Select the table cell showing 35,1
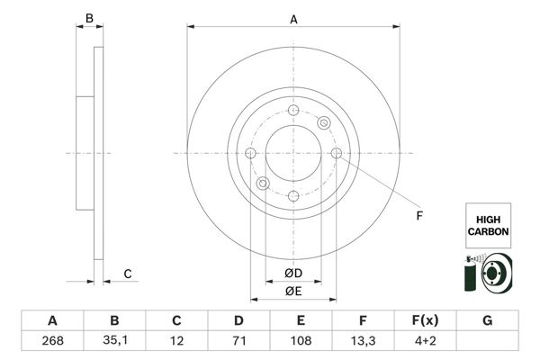pyautogui.click(x=114, y=342)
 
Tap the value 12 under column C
pyautogui.click(x=176, y=342)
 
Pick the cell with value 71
pyautogui.click(x=238, y=342)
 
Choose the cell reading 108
pyautogui.click(x=301, y=342)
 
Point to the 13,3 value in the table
pyautogui.click(x=363, y=342)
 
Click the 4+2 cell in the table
pyautogui.click(x=425, y=342)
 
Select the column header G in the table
pyautogui.click(x=487, y=321)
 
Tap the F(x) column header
pyautogui.click(x=425, y=321)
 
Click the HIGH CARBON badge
pyautogui.click(x=488, y=225)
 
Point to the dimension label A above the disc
pyautogui.click(x=293, y=18)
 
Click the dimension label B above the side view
pyautogui.click(x=88, y=18)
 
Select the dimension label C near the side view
pyautogui.click(x=128, y=274)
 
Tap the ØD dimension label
pyautogui.click(x=292, y=273)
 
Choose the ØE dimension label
pyautogui.click(x=292, y=290)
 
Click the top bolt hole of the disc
pyautogui.click(x=293, y=111)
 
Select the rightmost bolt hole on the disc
pyautogui.click(x=337, y=153)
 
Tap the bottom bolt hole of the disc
pyautogui.click(x=293, y=195)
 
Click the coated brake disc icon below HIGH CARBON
pyautogui.click(x=487, y=274)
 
